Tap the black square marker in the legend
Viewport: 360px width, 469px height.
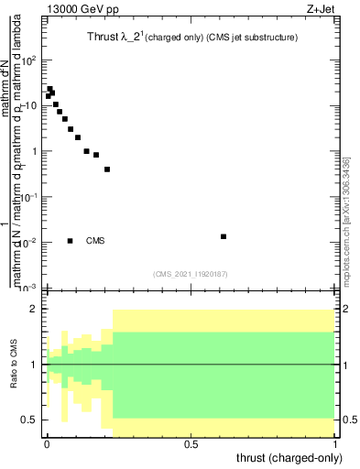click(x=71, y=241)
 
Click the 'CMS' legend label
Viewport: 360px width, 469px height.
click(x=95, y=241)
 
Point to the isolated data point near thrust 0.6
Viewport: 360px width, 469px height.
click(x=224, y=236)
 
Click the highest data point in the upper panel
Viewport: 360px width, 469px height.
click(x=49, y=89)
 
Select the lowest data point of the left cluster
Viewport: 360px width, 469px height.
click(x=107, y=169)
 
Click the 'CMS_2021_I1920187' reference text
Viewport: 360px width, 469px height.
click(x=191, y=273)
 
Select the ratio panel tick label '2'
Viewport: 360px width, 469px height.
click(x=34, y=310)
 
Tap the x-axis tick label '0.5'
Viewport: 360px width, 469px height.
click(x=191, y=444)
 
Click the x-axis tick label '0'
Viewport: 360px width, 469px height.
click(x=46, y=444)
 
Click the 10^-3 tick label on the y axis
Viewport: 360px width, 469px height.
click(x=29, y=287)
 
